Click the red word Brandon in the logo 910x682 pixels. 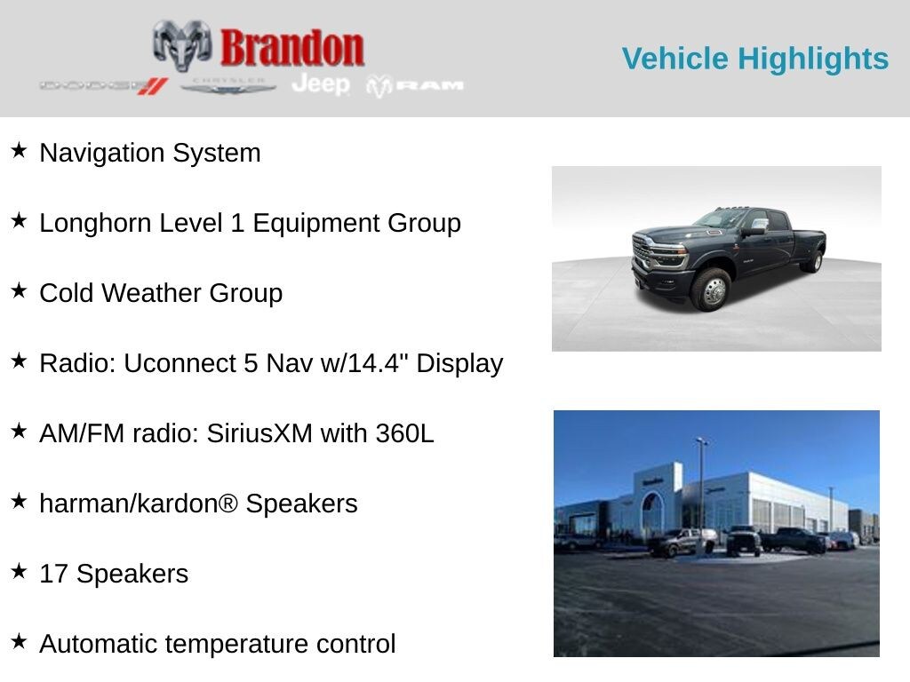(x=291, y=48)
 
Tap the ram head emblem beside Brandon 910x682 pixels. (x=182, y=44)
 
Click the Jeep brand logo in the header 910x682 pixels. (x=321, y=84)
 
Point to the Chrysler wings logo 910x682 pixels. (x=227, y=86)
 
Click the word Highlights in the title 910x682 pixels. (x=812, y=59)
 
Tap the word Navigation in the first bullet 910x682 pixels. (x=101, y=154)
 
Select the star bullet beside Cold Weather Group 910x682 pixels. (x=20, y=290)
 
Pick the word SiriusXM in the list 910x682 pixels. (x=259, y=433)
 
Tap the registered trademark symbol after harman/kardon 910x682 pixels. (x=228, y=503)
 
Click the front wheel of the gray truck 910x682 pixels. (x=714, y=290)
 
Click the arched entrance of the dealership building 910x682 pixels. (x=651, y=511)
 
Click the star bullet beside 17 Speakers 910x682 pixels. (x=20, y=571)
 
